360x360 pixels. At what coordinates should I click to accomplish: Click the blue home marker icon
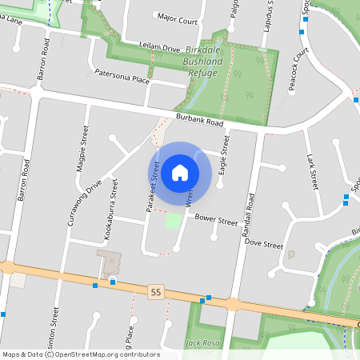pyautogui.click(x=180, y=173)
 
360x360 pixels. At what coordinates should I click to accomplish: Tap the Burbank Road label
pyautogui.click(x=199, y=121)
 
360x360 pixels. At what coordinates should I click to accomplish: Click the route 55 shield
pyautogui.click(x=155, y=293)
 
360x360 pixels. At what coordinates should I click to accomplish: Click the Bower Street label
pyautogui.click(x=217, y=219)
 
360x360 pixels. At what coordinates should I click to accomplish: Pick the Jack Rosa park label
pyautogui.click(x=202, y=344)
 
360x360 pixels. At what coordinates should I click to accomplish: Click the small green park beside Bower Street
pyautogui.click(x=174, y=219)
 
